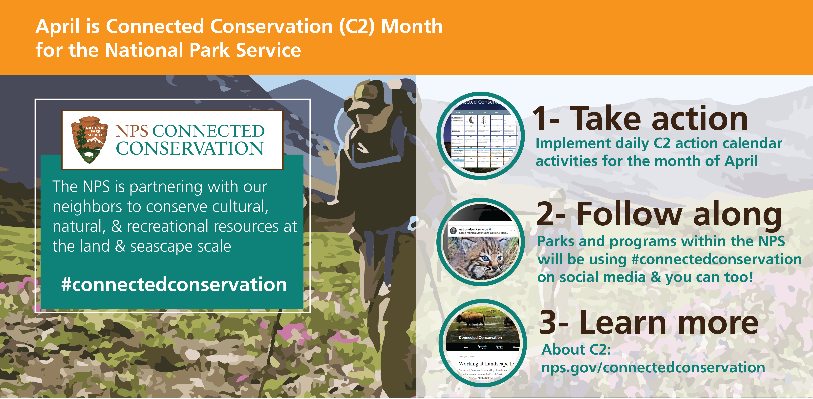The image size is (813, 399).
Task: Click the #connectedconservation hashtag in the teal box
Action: [x=174, y=284]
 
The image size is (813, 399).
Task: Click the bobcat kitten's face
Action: [x=482, y=259]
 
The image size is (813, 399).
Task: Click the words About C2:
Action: [x=576, y=349]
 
